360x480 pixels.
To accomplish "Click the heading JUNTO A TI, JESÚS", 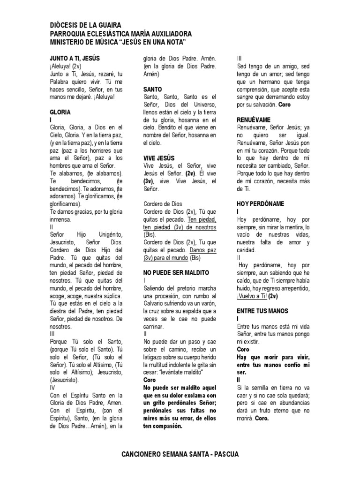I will coord(75,58).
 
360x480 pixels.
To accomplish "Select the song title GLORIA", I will coord(60,112).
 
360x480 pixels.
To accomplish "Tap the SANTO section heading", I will coord(152,89).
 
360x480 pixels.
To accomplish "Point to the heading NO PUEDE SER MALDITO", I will coord(176,272).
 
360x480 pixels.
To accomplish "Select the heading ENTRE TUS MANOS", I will coord(263,311).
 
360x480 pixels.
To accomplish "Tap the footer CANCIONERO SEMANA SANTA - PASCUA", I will coord(180,455).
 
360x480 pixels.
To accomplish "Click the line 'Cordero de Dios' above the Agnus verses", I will coord(163,204).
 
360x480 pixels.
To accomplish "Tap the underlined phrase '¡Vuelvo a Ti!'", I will coord(252,296).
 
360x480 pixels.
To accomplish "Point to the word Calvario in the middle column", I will coord(155,303).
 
